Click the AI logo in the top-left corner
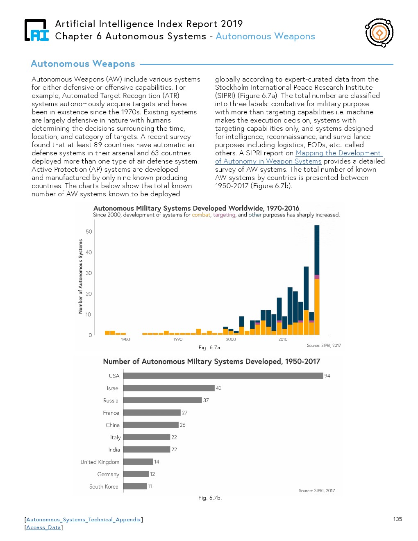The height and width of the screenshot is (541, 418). tap(36, 30)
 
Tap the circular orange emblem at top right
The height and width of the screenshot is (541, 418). tap(379, 32)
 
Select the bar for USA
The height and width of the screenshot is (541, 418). tap(223, 375)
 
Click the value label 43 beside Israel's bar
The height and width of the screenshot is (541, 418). tap(219, 388)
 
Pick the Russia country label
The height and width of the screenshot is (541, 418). tap(111, 400)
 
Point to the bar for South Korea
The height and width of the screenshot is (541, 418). tap(135, 486)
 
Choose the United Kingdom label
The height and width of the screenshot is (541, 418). tap(100, 462)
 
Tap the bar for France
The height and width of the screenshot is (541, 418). tap(152, 412)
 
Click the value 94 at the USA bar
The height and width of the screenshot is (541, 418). tap(327, 376)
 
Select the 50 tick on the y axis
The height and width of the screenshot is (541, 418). tap(89, 232)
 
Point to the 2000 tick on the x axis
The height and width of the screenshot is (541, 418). tap(231, 339)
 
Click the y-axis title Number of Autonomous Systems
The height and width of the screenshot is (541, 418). tap(80, 277)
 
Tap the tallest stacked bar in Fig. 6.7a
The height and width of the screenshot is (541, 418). tap(317, 280)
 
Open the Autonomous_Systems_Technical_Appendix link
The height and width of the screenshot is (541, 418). tap(84, 520)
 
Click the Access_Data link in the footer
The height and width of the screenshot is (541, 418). tap(43, 527)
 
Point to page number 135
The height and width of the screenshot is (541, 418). tap(398, 519)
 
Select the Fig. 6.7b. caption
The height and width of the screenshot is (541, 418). tap(209, 498)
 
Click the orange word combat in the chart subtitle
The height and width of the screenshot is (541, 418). tap(201, 215)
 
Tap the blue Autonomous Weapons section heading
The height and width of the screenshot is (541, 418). tap(83, 64)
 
